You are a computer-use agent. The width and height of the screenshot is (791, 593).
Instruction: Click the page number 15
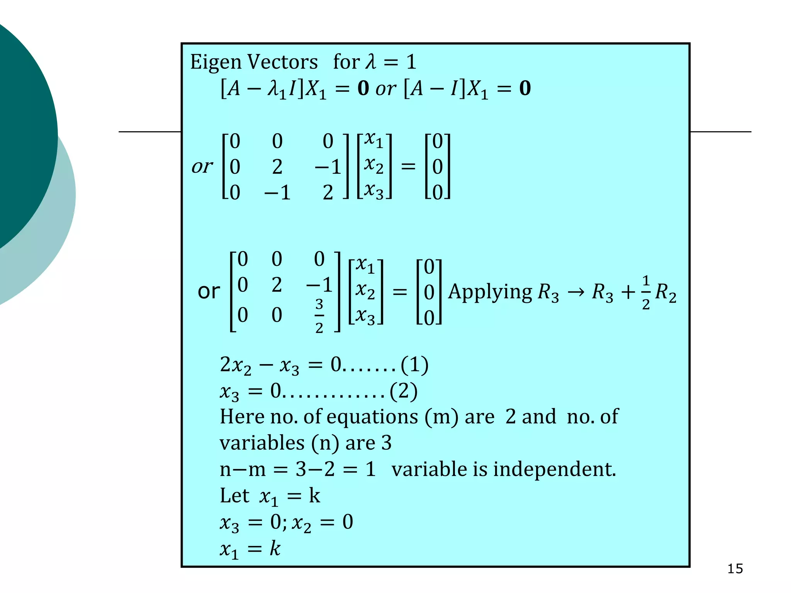[735, 569]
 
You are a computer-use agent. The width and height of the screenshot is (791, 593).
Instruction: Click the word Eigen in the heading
[216, 63]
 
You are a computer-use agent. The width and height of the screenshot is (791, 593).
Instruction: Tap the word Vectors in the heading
[282, 62]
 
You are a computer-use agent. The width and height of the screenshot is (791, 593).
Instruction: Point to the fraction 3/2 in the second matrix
[319, 315]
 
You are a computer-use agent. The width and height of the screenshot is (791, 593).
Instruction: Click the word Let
[234, 496]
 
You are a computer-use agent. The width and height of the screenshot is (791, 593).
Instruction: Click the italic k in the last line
[275, 548]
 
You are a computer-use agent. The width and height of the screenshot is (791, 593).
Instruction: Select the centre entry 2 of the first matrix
[277, 167]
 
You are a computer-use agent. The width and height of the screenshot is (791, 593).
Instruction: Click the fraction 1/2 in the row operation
[645, 292]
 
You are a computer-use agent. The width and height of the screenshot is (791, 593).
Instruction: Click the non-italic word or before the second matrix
[209, 291]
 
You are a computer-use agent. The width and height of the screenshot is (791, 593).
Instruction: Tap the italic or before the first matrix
[202, 167]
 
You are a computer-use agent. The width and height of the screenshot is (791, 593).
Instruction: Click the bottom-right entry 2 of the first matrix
[328, 192]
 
